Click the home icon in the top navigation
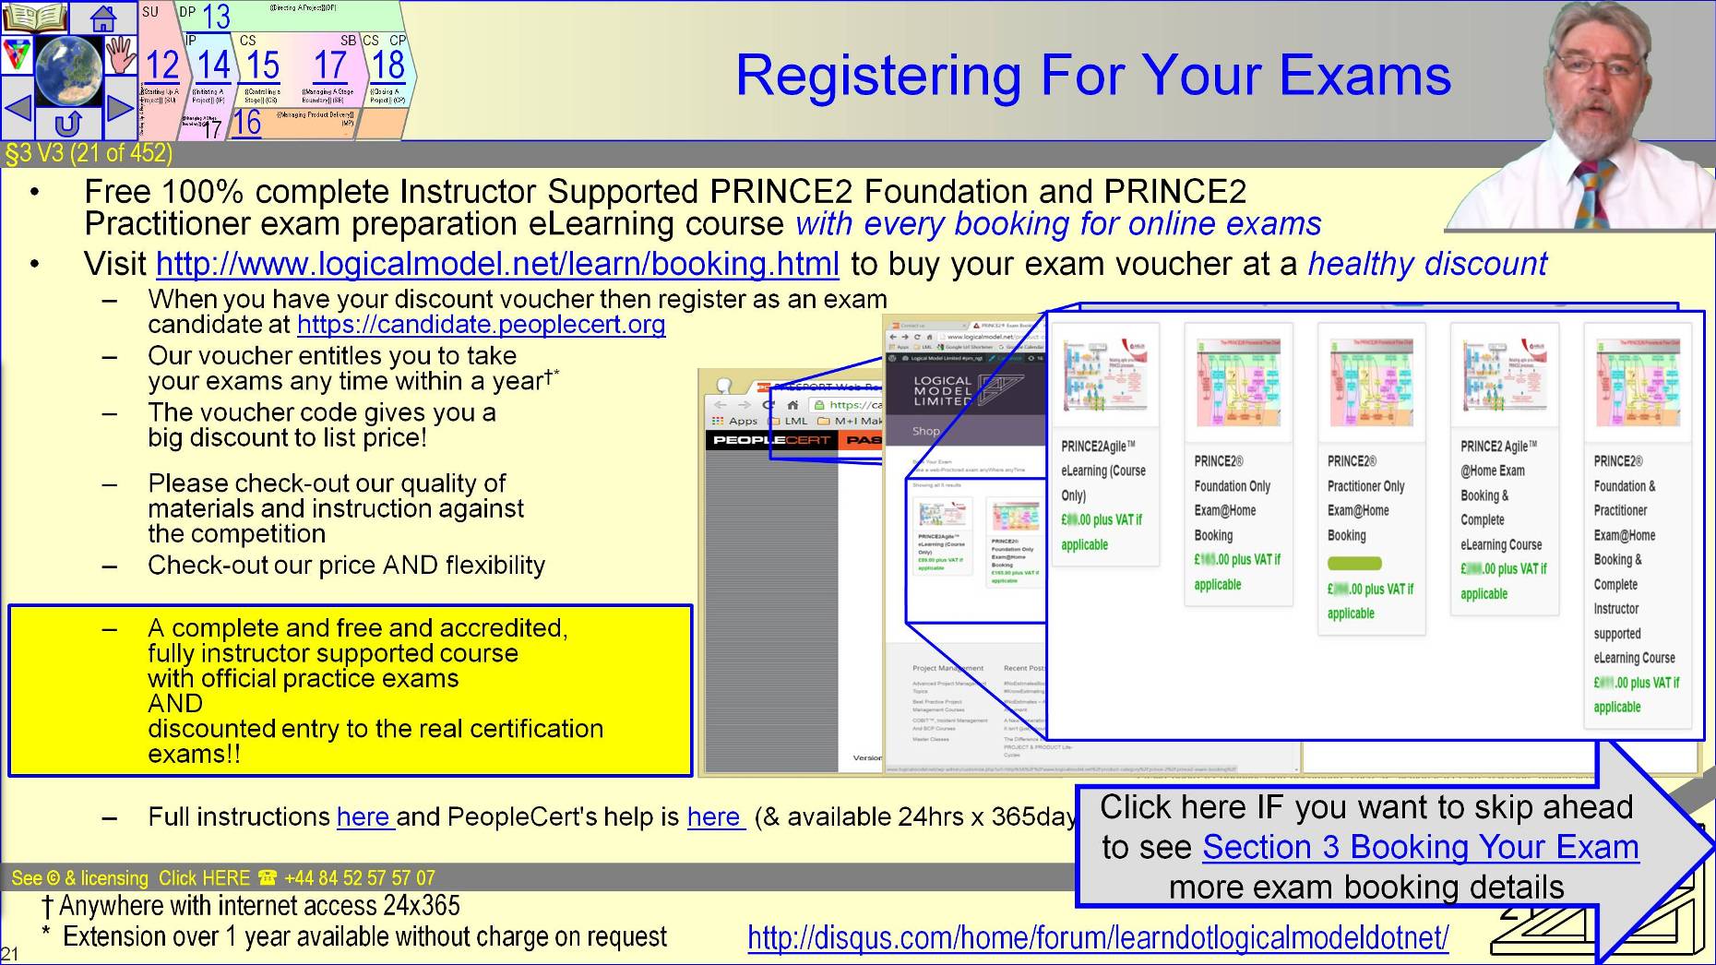click(102, 17)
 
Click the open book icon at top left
click(35, 17)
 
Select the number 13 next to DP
click(215, 17)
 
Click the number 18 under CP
click(387, 66)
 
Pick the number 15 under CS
click(262, 66)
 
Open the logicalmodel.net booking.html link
click(497, 265)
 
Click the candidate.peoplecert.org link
click(481, 325)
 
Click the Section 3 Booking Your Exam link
click(1421, 847)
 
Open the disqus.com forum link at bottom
click(1098, 938)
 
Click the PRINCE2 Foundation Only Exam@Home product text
click(1232, 498)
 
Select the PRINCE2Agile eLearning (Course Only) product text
click(1102, 471)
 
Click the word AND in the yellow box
click(175, 704)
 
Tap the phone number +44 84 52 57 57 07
click(359, 878)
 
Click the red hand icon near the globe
click(120, 55)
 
